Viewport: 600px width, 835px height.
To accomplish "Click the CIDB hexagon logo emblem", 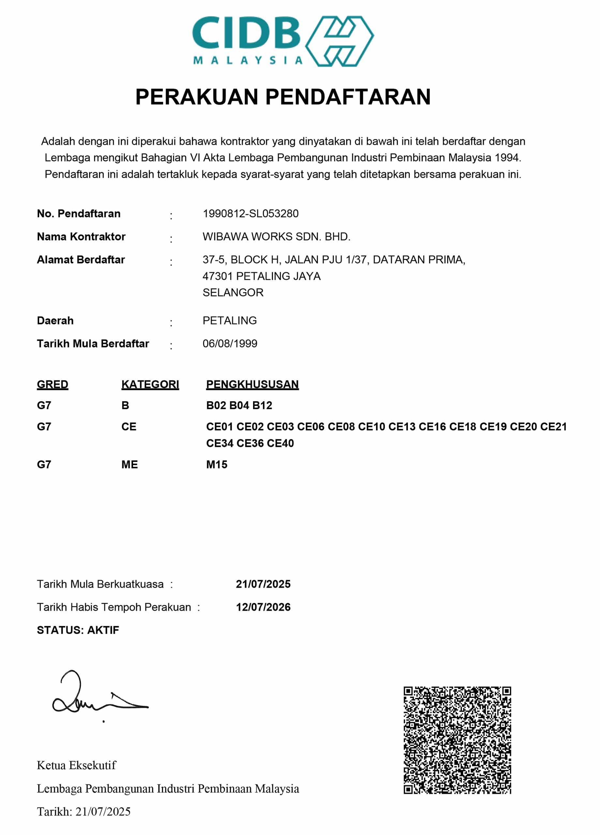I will pos(339,41).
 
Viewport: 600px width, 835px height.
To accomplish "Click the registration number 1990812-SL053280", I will pos(250,214).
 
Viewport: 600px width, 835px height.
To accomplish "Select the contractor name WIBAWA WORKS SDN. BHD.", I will pos(276,236).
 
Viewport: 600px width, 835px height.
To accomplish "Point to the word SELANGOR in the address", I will pos(232,292).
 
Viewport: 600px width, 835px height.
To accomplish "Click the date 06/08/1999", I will pos(230,343).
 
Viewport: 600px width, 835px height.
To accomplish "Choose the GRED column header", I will pos(52,384).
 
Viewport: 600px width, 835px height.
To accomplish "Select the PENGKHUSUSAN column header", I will pos(252,384).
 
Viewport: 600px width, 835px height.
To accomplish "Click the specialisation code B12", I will pos(262,405).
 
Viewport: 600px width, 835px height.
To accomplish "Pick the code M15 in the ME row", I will pos(217,464).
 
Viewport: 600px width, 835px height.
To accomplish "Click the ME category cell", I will pos(129,464).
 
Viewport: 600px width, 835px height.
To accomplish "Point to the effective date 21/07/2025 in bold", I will pos(263,584).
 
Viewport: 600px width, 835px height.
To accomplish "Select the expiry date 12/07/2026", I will pos(263,607).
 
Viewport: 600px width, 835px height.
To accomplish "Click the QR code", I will pos(457,740).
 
